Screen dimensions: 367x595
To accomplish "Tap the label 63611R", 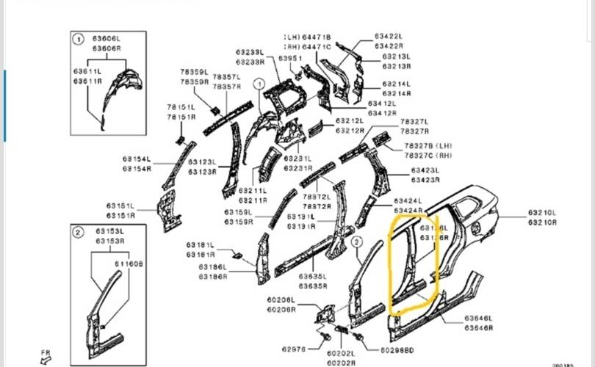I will click(x=87, y=81).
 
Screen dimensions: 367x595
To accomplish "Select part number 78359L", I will click(x=194, y=72).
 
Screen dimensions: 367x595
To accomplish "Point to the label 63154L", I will click(x=136, y=159).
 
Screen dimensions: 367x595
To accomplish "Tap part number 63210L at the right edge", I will click(x=542, y=212).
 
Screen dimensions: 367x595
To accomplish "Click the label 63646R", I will click(x=477, y=328).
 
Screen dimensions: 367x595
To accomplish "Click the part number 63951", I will click(x=291, y=57).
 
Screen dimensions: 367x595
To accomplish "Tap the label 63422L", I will click(x=388, y=36).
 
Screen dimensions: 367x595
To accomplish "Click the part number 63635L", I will click(x=314, y=277).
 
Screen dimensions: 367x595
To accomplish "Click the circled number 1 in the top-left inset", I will click(x=79, y=37).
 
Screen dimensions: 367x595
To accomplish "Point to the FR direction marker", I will click(x=45, y=355).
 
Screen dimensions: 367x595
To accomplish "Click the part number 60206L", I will click(x=281, y=301).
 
